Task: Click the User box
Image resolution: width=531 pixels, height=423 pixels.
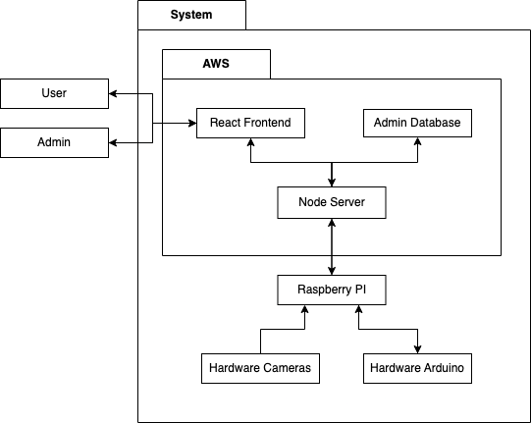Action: point(55,94)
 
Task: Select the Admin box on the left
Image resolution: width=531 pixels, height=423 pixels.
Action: point(55,142)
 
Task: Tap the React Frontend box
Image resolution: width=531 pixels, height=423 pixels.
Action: point(250,123)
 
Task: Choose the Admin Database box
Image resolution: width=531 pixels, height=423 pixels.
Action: point(417,123)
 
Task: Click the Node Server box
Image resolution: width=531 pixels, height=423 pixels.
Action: point(332,202)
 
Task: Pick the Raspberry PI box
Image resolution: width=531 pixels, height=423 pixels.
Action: point(332,290)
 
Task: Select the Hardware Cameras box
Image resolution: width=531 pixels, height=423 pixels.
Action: point(260,368)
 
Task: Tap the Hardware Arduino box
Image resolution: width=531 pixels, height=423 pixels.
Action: point(417,368)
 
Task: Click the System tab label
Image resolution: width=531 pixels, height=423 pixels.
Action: point(191,15)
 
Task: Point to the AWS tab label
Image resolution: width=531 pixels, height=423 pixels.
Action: point(216,64)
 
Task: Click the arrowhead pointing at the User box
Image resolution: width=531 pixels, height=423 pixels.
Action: point(113,94)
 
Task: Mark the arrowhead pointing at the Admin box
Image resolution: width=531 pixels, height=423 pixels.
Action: point(113,142)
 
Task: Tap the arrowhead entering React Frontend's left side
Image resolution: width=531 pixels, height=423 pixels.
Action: point(192,123)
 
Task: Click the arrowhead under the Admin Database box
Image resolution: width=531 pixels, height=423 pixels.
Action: point(417,141)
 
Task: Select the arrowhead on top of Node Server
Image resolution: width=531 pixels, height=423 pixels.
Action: point(332,183)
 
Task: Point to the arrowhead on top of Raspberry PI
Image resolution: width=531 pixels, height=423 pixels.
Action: point(332,271)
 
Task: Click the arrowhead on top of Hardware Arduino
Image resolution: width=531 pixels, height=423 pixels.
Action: point(417,349)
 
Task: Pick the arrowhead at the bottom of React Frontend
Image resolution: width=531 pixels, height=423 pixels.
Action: point(250,142)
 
